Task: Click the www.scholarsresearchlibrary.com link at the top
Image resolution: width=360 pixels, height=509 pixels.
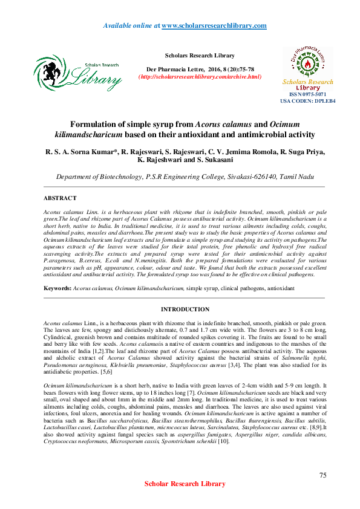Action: [x=214, y=26]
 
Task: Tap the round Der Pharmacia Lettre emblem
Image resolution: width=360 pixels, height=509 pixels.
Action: [x=307, y=59]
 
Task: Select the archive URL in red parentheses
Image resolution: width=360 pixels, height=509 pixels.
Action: [x=200, y=77]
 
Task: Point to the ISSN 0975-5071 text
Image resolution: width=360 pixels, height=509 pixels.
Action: [x=307, y=94]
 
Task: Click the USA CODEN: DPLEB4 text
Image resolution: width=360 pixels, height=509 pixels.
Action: [x=307, y=101]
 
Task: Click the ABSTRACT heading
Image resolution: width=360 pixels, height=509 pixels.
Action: [x=60, y=198]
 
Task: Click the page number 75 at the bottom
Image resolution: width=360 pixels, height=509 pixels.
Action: [x=322, y=476]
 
